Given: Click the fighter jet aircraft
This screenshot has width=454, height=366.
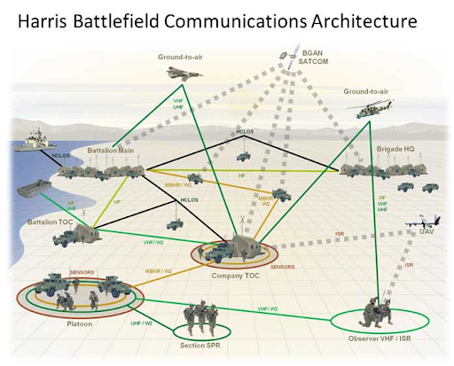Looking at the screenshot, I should tap(184, 74).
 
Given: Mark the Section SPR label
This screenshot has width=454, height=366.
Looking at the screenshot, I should tap(201, 346).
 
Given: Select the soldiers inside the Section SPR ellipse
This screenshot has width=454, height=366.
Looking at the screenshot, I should tap(201, 317).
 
